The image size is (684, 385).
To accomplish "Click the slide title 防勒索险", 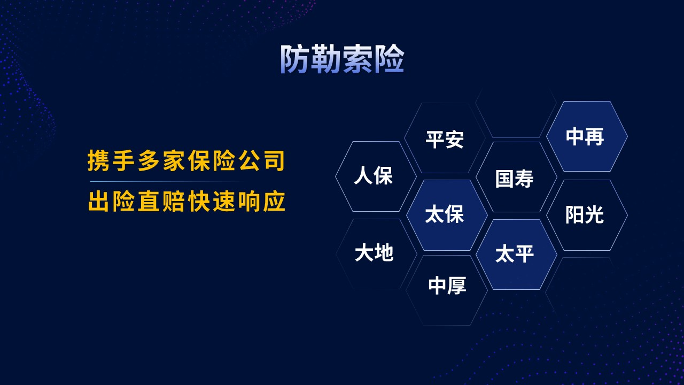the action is [343, 59].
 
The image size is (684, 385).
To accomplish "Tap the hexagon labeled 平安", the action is [445, 138].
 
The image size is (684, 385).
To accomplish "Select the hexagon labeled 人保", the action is [376, 176].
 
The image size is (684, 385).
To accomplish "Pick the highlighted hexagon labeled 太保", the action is [447, 215].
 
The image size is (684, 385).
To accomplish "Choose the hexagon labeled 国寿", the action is [516, 177].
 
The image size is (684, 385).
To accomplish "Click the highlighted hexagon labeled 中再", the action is [587, 136].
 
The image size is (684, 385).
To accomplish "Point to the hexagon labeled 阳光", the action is [587, 215].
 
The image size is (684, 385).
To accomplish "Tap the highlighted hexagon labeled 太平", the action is [516, 254].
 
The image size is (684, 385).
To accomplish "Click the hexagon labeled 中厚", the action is [447, 290].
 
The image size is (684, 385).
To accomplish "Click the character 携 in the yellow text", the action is [98, 160].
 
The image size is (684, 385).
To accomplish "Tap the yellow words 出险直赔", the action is [136, 202].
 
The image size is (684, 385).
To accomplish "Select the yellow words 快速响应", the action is [237, 202].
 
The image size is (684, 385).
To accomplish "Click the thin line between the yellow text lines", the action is [166, 181].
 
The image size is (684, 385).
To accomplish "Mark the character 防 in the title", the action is [295, 59].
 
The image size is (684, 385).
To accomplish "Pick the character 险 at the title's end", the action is [390, 59].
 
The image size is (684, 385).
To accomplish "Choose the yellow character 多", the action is [149, 160].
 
